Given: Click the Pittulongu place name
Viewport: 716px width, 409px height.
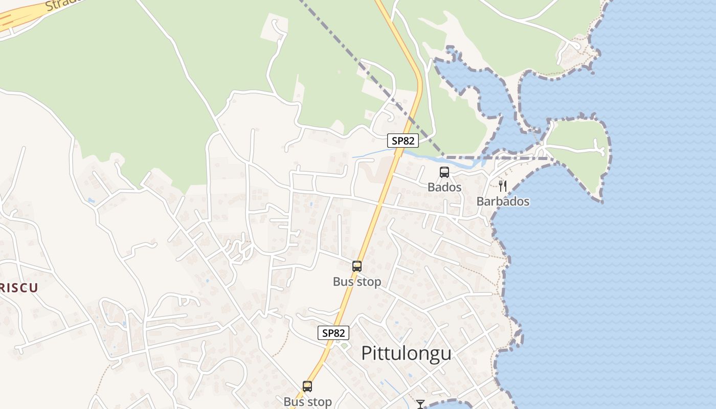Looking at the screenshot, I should (407, 353).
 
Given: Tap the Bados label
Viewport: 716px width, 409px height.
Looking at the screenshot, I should (444, 187).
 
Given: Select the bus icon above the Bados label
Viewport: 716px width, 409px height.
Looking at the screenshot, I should (444, 172).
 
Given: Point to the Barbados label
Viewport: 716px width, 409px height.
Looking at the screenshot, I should (503, 201).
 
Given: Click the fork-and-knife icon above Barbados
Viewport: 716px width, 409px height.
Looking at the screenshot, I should (503, 186).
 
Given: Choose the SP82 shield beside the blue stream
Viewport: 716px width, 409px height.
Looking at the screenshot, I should (402, 141).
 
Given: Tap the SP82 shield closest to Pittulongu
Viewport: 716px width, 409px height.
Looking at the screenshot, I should (333, 333).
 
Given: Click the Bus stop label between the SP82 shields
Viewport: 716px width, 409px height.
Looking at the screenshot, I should (357, 282).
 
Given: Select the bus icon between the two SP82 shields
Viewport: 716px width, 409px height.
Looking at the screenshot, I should (357, 266).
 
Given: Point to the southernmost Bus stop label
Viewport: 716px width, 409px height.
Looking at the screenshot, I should (308, 402).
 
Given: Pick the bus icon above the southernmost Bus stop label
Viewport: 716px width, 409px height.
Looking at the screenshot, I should (307, 387).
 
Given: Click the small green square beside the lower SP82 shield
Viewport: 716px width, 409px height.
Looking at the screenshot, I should (344, 346).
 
